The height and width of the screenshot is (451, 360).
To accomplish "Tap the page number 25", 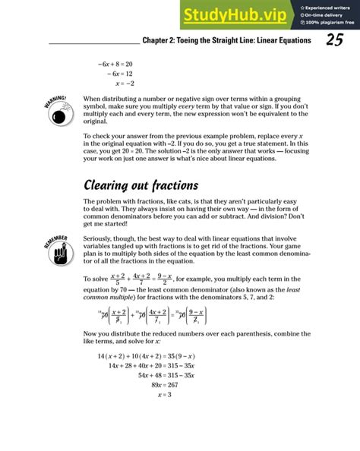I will [335, 41].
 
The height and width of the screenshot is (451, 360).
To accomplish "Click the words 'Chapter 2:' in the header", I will [160, 41].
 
